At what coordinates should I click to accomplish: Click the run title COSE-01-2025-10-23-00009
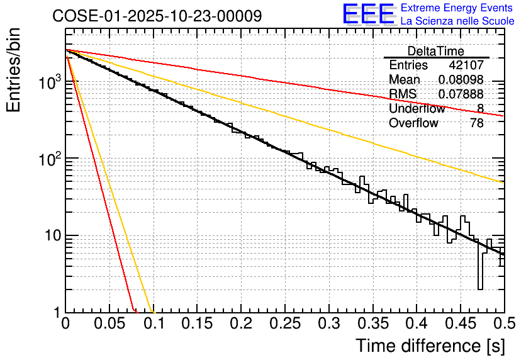point(157,16)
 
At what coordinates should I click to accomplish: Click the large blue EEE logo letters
point(369,14)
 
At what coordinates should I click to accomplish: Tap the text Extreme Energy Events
point(457,8)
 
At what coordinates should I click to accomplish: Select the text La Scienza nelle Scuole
point(457,21)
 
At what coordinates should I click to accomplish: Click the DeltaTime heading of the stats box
point(436,51)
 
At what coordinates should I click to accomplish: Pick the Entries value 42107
point(466,65)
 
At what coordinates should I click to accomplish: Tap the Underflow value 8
point(480,108)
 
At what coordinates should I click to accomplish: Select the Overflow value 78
point(477,123)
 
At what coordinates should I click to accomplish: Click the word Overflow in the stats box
point(413,123)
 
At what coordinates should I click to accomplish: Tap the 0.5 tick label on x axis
point(503,325)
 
